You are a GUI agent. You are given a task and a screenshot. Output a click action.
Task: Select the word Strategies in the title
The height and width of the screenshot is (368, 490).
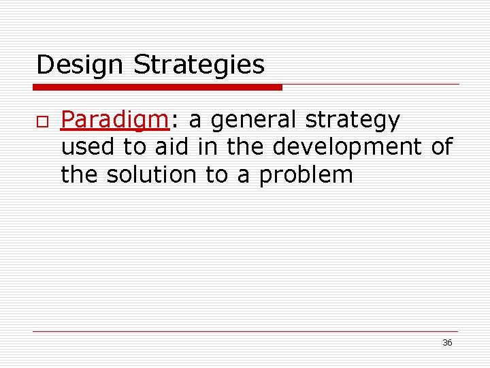point(199,65)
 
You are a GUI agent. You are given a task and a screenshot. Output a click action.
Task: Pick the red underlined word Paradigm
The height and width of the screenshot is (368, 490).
point(114,121)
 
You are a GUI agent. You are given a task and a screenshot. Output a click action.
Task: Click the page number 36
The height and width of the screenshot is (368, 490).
point(447,343)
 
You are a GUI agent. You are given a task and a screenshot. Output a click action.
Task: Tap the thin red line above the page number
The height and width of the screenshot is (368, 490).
point(245,331)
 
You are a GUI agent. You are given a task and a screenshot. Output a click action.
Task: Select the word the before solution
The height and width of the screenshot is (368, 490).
point(80,175)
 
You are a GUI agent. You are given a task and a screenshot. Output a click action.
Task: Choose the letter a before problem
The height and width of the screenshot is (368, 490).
point(244,175)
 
